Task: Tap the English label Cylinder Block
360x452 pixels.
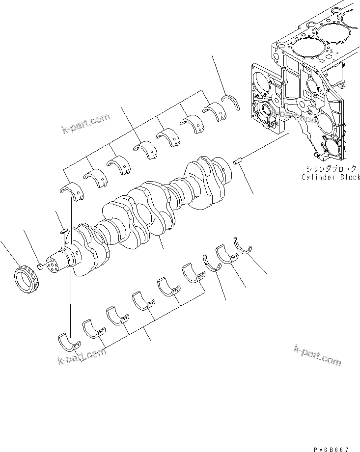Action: tap(331, 177)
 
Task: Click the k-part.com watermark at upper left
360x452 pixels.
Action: tap(85, 123)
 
